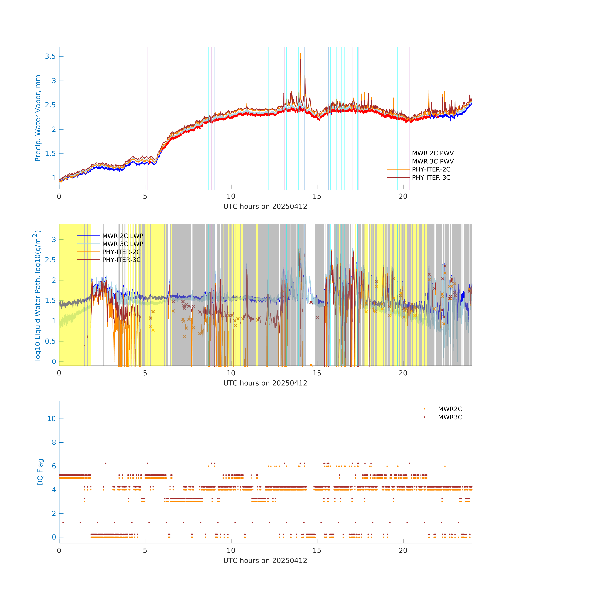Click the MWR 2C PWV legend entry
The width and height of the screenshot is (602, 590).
(432, 153)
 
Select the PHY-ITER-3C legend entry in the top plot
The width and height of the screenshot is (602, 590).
(431, 178)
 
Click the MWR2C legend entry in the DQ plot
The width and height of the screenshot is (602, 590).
(449, 409)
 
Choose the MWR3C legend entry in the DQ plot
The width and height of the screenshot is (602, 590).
(449, 417)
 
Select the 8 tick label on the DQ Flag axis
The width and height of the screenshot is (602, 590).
(54, 442)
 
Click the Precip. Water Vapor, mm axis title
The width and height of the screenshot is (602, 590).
(38, 118)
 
